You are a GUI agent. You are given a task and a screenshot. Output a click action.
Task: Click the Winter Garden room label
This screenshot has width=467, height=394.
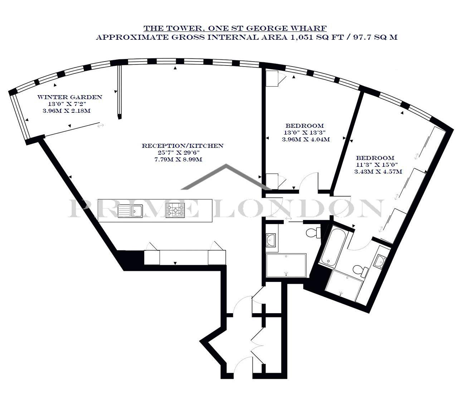(70, 97)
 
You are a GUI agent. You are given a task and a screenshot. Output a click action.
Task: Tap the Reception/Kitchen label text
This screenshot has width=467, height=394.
(183, 146)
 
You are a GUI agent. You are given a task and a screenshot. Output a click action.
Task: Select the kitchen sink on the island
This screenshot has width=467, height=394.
(130, 211)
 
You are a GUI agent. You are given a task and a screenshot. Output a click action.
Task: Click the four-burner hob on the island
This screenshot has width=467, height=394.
(175, 210)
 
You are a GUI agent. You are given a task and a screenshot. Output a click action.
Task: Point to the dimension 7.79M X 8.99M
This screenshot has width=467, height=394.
(178, 160)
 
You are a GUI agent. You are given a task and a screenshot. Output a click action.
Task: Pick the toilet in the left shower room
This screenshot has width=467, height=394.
(313, 233)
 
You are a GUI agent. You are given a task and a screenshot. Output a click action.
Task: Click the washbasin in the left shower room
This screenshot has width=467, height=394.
(271, 240)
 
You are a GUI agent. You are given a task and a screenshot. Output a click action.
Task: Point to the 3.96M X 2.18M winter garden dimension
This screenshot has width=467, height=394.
(67, 111)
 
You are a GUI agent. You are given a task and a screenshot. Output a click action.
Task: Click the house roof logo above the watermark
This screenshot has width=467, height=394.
(226, 177)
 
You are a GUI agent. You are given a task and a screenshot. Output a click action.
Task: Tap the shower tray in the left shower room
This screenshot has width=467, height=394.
(286, 266)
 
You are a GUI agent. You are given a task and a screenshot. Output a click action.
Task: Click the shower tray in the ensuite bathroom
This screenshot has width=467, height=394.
(343, 284)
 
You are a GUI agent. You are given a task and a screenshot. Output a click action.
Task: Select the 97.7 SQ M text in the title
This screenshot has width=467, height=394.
(375, 37)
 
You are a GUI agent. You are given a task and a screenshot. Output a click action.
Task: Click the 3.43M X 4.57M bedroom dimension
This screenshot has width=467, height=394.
(378, 172)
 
